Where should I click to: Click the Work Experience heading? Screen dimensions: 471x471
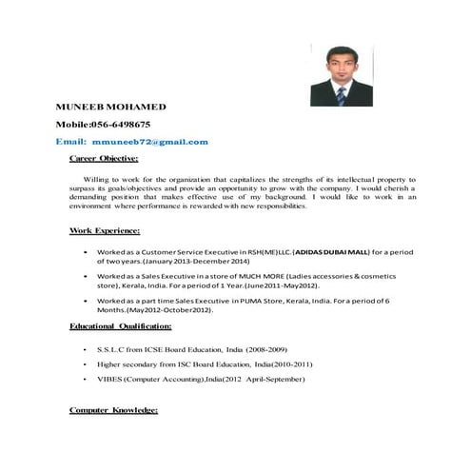coord(105,230)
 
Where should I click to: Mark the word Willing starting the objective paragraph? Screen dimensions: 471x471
coord(98,178)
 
